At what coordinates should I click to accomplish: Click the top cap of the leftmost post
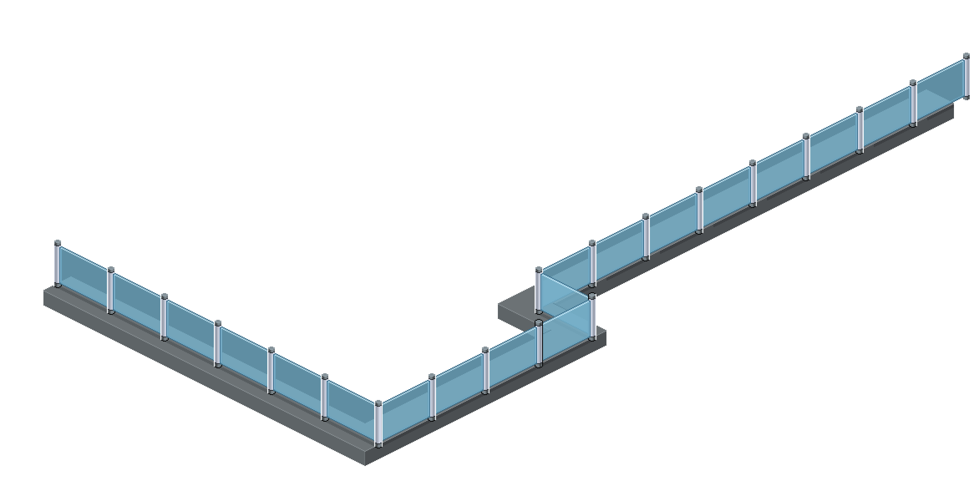(x=58, y=243)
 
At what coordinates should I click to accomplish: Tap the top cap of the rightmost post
(x=966, y=56)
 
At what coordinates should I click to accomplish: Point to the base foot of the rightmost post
(x=966, y=97)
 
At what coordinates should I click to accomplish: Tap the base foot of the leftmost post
(x=58, y=285)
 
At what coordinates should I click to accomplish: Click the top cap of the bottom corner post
(x=378, y=403)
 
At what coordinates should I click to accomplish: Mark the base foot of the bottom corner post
(x=378, y=446)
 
